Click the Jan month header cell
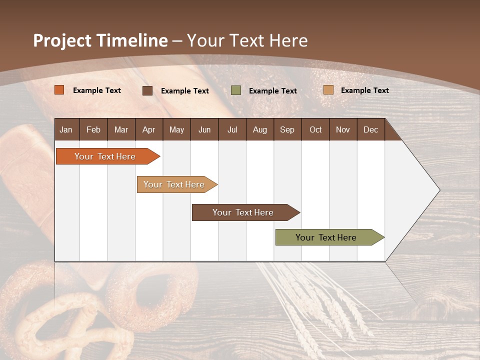(x=66, y=129)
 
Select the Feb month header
(x=93, y=129)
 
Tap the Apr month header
(x=148, y=129)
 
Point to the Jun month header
(x=204, y=129)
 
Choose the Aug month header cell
(x=259, y=129)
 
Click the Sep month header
(x=287, y=129)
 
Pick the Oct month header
(x=315, y=129)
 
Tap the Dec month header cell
(x=370, y=129)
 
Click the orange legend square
(x=59, y=90)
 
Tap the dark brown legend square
(x=147, y=90)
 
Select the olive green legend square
(x=236, y=90)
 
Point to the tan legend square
(x=328, y=90)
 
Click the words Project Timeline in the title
(x=100, y=40)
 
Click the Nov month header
(x=342, y=129)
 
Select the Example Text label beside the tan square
(x=364, y=90)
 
